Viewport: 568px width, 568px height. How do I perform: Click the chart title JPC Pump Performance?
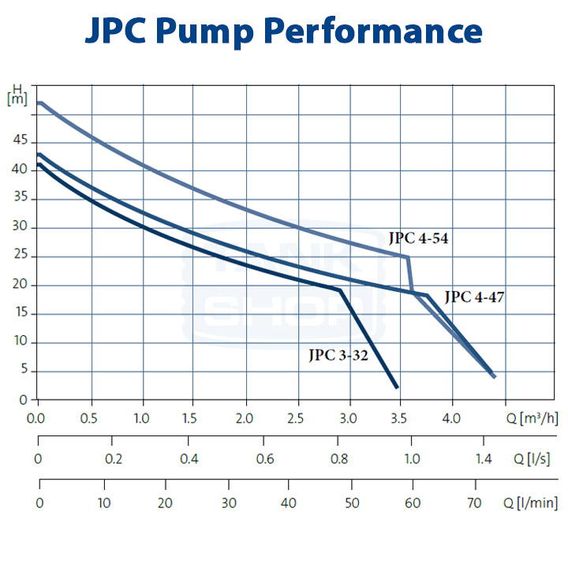283,32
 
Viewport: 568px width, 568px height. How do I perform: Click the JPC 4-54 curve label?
419,237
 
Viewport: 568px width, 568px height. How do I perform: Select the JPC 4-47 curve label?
474,297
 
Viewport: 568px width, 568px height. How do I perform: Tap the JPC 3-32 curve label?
338,355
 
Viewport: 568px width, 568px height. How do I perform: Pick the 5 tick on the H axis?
23,372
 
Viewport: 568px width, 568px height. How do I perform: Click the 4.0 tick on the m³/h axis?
452,417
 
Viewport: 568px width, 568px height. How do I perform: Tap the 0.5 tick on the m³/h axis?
91,417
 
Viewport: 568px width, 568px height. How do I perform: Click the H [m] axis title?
17,95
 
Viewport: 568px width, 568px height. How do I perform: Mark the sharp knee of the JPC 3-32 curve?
341,290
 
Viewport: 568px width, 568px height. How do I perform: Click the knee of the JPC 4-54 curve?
407,257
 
